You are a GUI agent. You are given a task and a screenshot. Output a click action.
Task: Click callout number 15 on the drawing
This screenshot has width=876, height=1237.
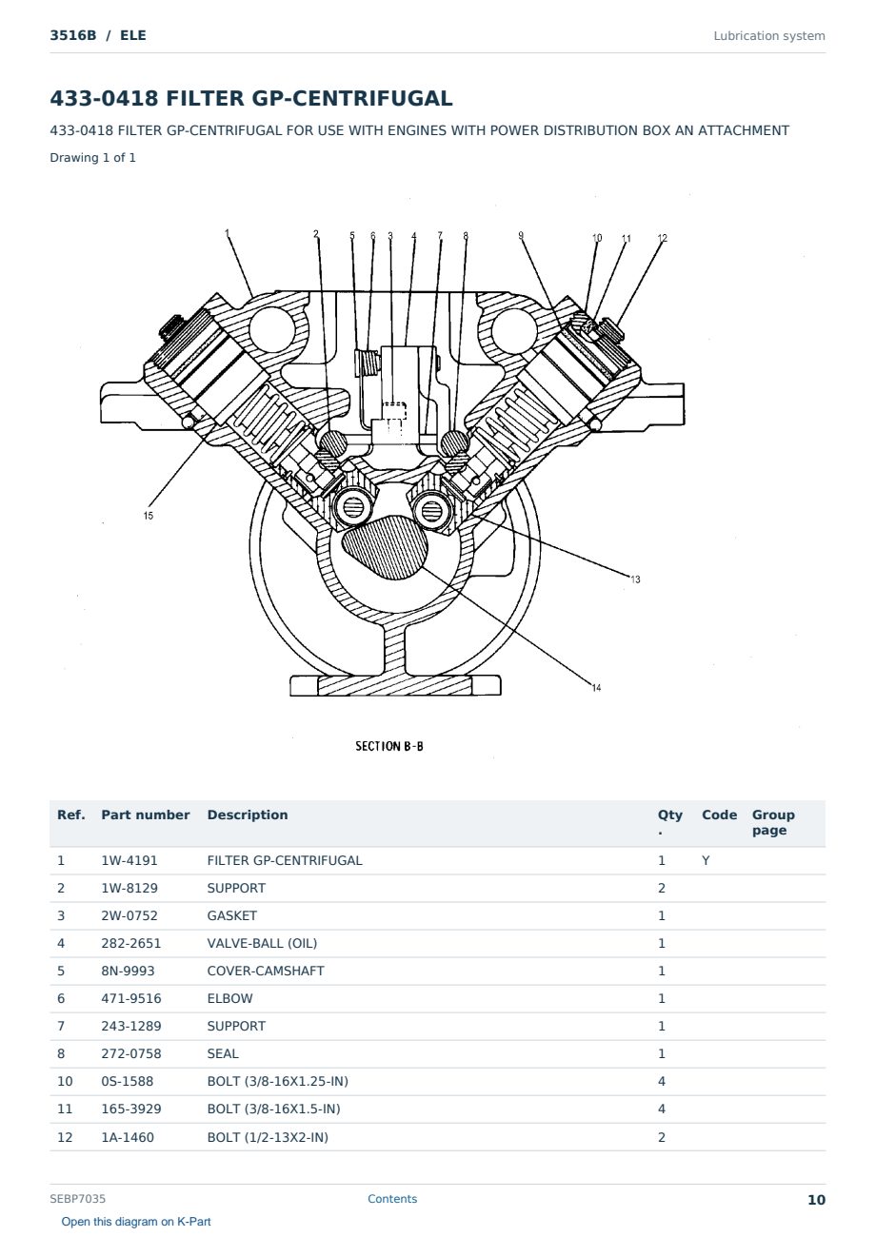tap(149, 516)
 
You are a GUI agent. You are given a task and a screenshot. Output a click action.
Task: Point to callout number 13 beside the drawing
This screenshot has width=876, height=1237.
tap(636, 579)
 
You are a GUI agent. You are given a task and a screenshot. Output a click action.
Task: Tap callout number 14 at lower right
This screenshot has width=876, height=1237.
tap(596, 688)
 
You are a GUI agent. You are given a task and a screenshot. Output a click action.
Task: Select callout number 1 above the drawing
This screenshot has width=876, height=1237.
tap(227, 233)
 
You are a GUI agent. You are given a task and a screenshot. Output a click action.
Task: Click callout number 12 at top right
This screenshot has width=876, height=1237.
tap(663, 238)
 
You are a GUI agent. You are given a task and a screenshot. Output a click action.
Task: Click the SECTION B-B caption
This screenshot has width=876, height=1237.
tap(389, 746)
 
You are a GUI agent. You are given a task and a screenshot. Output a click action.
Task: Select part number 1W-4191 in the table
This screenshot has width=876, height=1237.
tap(129, 860)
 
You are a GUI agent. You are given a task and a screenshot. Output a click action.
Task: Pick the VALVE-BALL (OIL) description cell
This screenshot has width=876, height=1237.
tap(262, 943)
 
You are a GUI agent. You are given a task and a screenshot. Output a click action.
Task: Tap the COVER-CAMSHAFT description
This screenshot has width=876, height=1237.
tap(266, 971)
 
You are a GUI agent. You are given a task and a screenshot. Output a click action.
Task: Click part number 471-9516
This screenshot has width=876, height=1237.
tap(131, 998)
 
